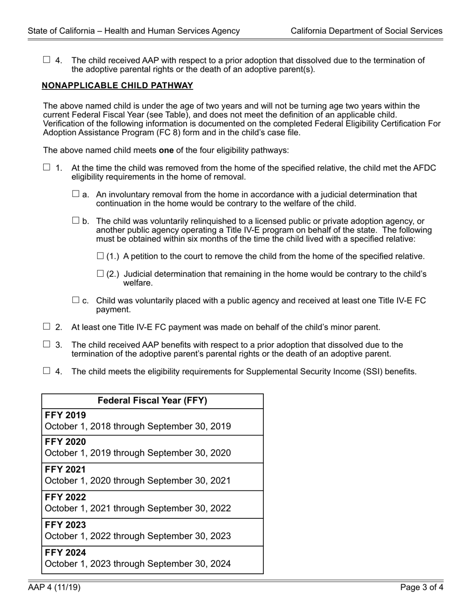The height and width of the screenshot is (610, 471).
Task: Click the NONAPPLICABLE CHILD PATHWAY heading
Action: click(118, 86)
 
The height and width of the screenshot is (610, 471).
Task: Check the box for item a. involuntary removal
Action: click(76, 194)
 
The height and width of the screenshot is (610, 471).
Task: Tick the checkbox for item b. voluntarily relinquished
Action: click(76, 221)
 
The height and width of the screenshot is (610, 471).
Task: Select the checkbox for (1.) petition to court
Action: click(100, 256)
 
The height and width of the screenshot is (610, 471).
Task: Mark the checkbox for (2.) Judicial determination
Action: click(100, 274)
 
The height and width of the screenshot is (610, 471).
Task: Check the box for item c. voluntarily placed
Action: click(76, 300)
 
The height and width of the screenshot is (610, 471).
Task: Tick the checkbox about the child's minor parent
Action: click(47, 327)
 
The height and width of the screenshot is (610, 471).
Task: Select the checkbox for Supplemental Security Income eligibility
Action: click(47, 371)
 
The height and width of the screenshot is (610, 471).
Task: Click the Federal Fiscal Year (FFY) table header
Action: click(152, 401)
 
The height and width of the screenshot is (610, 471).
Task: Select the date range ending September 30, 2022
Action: click(138, 508)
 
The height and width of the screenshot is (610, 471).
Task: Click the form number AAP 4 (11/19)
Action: click(54, 588)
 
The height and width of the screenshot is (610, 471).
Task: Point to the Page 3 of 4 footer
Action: click(422, 588)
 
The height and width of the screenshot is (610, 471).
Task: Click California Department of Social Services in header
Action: click(366, 31)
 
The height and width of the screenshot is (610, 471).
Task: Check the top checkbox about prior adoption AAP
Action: click(47, 60)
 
